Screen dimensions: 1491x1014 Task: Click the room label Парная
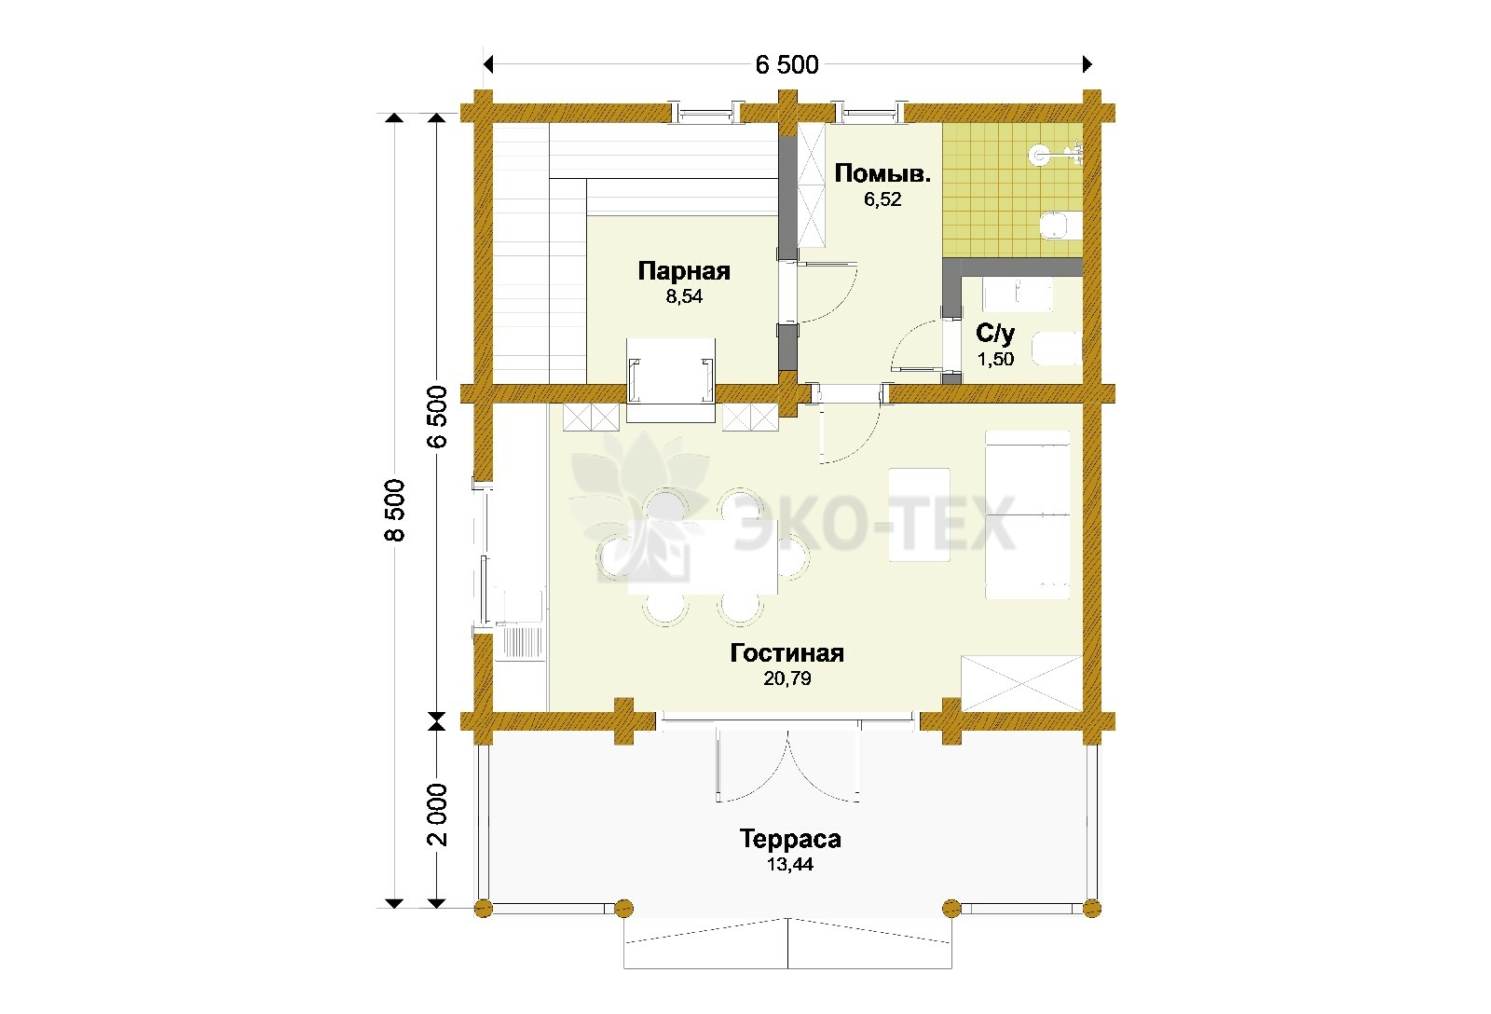pos(684,271)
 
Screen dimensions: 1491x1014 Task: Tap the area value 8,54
pos(684,296)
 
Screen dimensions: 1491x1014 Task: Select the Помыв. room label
pos(882,173)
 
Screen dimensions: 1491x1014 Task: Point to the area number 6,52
pos(882,199)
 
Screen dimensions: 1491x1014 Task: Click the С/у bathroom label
pos(995,333)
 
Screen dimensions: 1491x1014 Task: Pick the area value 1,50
pos(996,360)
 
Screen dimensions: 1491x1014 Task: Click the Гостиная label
pos(787,653)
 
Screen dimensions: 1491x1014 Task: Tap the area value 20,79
pos(787,678)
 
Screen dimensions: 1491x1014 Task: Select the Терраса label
pos(790,839)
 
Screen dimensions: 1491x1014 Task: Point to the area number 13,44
pos(790,864)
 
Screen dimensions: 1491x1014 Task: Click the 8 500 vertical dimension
pos(395,510)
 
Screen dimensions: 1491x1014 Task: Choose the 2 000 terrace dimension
pos(437,815)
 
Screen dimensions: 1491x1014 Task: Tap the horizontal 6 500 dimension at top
pos(787,64)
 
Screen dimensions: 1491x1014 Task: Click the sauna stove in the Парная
pos(671,379)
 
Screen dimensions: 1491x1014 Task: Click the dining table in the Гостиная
pos(703,557)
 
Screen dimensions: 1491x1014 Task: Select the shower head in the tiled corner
pos(1038,155)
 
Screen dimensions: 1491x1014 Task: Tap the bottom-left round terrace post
pos(484,908)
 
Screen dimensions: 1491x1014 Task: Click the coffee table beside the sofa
pos(919,514)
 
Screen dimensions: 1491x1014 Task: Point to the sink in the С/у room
pos(1018,295)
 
